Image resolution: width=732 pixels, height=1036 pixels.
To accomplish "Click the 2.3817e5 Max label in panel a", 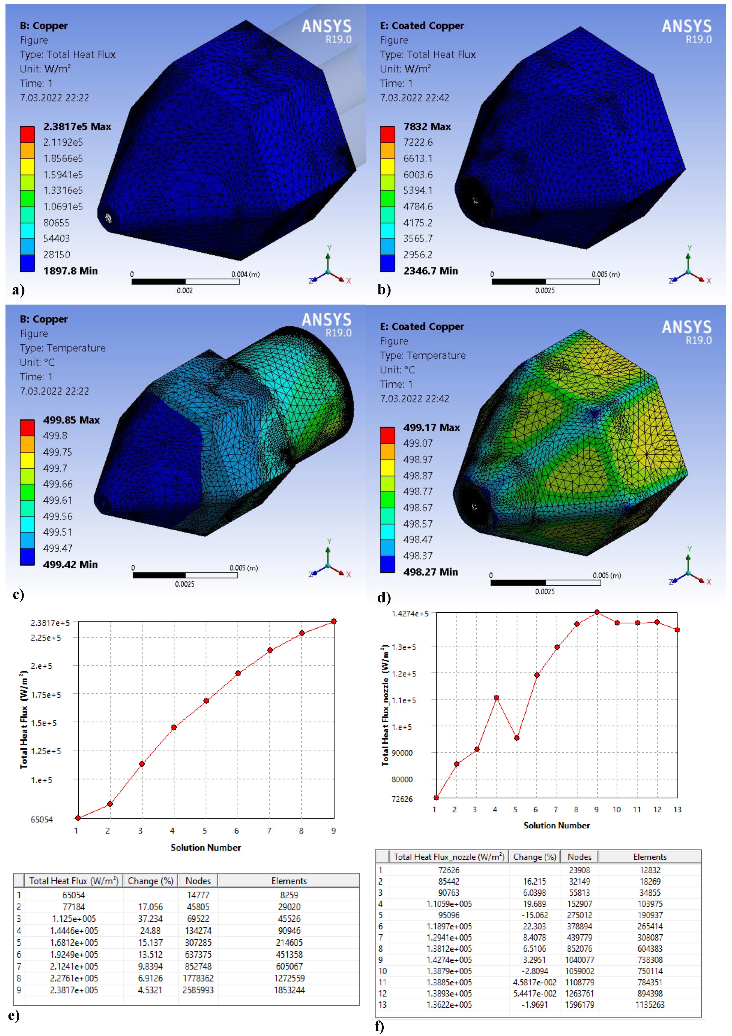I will pos(77,127).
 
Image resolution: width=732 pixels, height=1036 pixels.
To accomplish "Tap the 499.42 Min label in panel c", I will pos(70,565).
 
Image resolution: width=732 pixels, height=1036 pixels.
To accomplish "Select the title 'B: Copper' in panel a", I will pos(44,26).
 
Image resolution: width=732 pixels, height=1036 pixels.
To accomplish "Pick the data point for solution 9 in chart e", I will pos(334,621).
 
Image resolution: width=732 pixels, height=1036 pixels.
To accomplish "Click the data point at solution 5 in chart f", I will pos(517,738).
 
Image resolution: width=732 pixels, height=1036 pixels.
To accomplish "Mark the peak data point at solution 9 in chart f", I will pos(597,612).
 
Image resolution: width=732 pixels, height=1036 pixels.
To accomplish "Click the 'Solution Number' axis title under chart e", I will pos(205,848).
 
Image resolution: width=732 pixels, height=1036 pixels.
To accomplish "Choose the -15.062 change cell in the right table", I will pos(534,915).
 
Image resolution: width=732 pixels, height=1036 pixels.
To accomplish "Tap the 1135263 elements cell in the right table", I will pos(650,1004).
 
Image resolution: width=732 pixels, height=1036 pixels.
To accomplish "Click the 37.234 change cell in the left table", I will pos(150,919).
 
